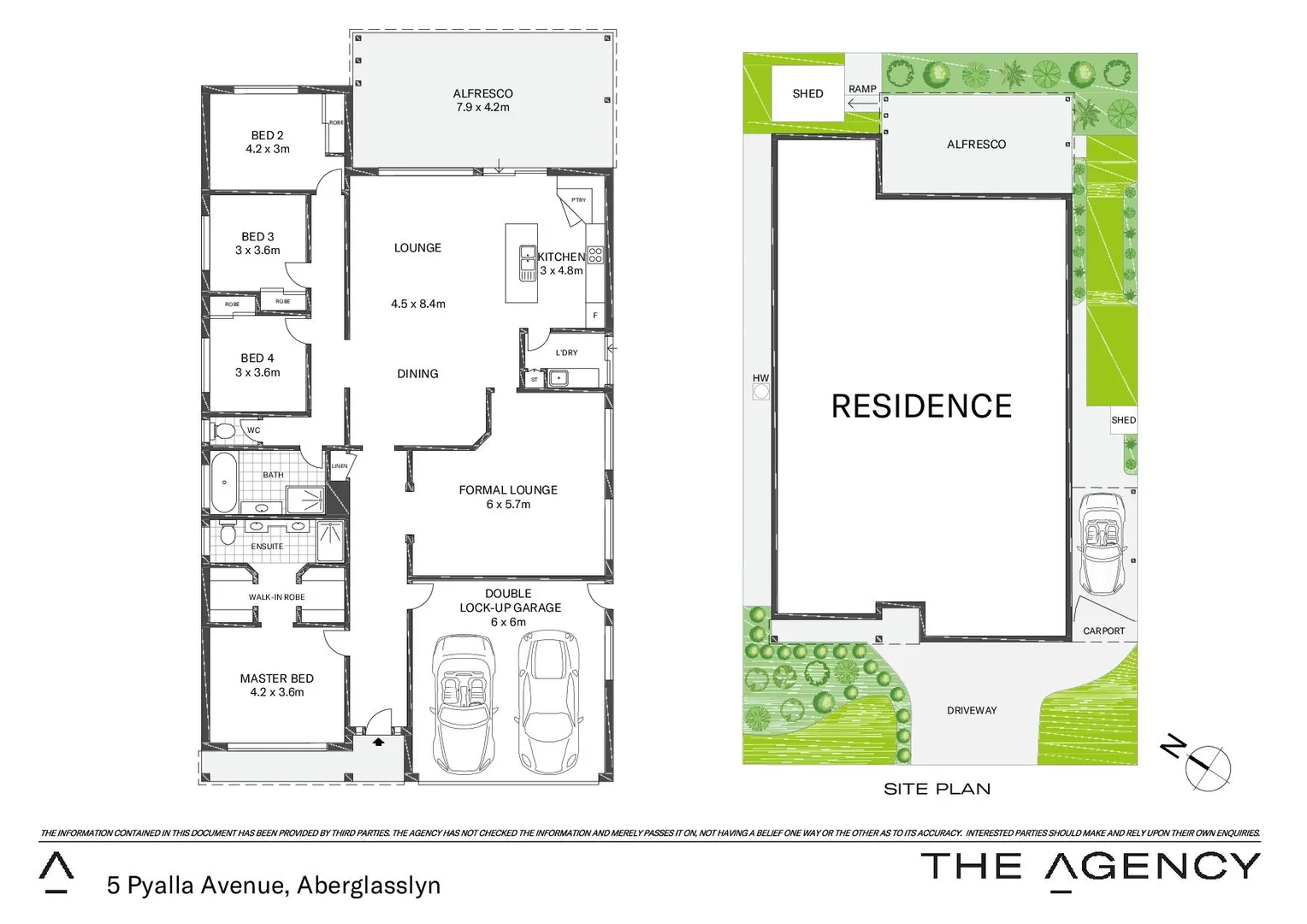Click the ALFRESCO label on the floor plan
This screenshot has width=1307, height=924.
point(482,93)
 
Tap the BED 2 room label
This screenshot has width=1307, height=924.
point(267,135)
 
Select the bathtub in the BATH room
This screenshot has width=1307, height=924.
point(224,483)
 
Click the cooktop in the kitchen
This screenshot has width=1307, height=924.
point(595,255)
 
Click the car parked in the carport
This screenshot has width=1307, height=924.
point(1103,542)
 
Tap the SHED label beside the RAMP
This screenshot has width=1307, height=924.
point(807,93)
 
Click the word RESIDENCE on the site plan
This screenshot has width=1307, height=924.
point(921,406)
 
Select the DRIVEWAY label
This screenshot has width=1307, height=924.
point(972,710)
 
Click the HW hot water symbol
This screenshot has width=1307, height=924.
point(760,392)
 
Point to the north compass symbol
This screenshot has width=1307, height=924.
point(1206,763)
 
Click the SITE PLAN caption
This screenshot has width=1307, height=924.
point(937,789)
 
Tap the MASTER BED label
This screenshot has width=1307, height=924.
point(276,678)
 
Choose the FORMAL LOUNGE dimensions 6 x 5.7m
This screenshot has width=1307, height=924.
point(508,505)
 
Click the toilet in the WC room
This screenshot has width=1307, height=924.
point(224,430)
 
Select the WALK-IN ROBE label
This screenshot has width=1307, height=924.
point(276,597)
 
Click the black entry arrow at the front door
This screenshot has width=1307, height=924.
point(378,743)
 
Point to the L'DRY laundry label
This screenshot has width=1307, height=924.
point(566,352)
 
